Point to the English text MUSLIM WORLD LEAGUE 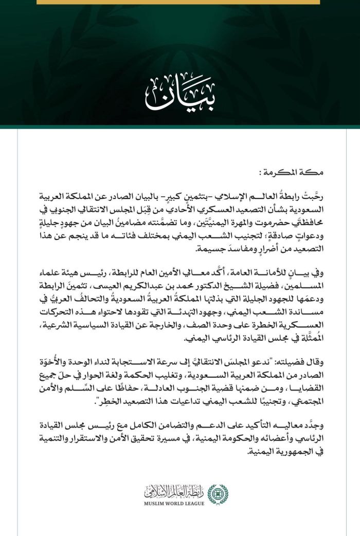(174, 503)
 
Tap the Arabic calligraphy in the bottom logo (174, 492)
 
